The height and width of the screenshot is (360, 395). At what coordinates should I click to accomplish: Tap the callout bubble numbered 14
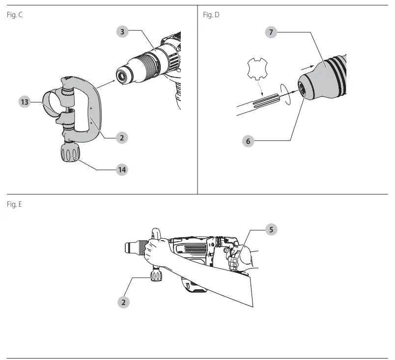point(122,169)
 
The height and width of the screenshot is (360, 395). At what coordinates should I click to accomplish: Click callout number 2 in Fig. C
point(122,138)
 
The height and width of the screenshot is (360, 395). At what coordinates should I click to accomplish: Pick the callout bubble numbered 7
point(270,32)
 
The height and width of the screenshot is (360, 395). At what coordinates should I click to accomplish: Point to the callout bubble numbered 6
point(248,141)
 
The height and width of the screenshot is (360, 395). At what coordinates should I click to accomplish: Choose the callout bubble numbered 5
point(270,229)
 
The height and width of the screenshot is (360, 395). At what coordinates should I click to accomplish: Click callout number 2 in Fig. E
point(123,302)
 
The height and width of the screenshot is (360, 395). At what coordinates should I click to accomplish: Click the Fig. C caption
point(15,15)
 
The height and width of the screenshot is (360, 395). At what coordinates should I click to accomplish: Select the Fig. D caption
point(211,15)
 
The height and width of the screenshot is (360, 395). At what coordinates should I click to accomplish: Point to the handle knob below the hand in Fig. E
point(156,276)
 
